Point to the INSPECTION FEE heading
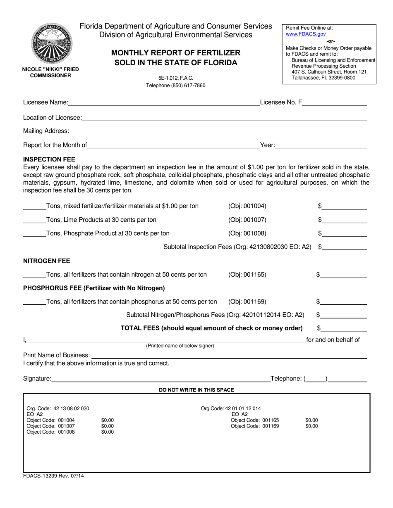49,159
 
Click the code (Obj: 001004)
247,206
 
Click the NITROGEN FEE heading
47,261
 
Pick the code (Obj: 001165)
247,275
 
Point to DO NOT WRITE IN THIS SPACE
196,390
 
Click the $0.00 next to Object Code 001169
312,426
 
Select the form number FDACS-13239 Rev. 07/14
53,476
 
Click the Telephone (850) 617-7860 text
176,85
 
